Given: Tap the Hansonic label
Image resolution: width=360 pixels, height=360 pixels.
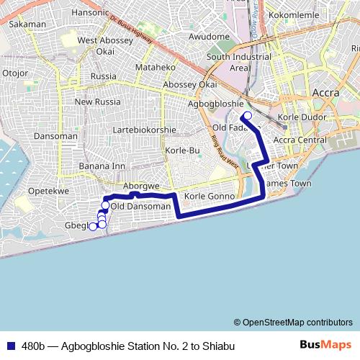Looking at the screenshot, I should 89,12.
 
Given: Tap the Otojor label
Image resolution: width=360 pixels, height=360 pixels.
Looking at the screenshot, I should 15,73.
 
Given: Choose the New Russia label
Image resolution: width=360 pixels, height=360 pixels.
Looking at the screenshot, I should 95,102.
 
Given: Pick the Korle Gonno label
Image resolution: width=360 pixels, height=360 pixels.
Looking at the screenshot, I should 206,196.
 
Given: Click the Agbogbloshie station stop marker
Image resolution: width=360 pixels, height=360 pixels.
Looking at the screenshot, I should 247,116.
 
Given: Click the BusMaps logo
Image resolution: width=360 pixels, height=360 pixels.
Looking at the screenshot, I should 325,345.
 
